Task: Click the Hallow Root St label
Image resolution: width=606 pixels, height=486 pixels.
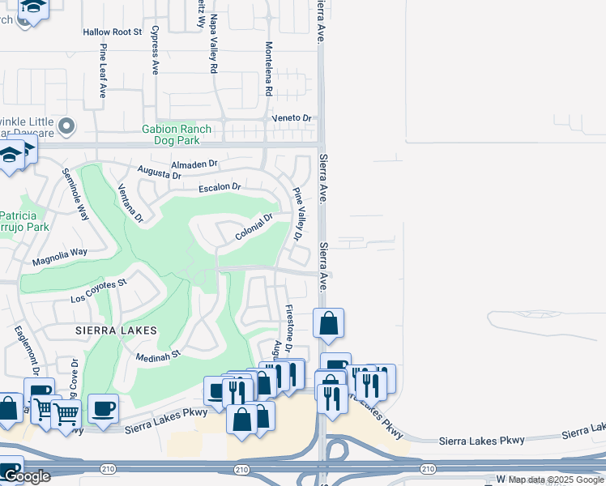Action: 112,32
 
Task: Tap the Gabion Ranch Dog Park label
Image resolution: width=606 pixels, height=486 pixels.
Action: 177,134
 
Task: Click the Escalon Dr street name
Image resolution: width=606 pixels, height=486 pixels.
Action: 220,188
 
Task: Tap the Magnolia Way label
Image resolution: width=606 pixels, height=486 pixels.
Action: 59,258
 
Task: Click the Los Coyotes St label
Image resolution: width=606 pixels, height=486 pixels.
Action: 99,289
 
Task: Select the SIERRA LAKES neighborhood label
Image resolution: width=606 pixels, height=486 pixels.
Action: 116,330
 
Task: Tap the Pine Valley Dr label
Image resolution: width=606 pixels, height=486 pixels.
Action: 297,215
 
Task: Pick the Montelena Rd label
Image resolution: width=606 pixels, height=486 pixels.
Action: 268,68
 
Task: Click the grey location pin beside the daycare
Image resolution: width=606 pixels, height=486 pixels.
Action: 66,126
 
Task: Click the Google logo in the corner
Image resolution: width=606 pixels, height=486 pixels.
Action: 26,476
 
